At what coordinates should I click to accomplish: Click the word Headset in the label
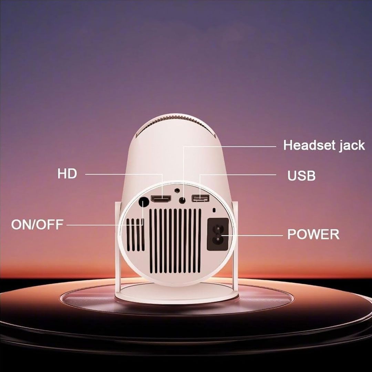[x=309, y=145]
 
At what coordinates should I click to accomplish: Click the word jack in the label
[x=352, y=146]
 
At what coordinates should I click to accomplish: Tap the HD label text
[x=67, y=174]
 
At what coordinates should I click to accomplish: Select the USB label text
[x=301, y=176]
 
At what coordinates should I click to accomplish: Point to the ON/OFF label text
[x=37, y=225]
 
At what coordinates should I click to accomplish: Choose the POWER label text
[x=313, y=235]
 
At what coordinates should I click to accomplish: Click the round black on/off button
[x=143, y=203]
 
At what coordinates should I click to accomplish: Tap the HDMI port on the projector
[x=161, y=199]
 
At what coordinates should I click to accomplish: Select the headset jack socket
[x=182, y=200]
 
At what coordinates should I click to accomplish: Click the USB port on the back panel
[x=200, y=198]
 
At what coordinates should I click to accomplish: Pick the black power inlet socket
[x=218, y=235]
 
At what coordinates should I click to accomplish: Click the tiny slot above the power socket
[x=215, y=210]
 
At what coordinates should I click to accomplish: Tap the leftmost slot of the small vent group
[x=128, y=235]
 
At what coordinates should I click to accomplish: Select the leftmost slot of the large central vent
[x=151, y=240]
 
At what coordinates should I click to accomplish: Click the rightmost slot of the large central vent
[x=199, y=240]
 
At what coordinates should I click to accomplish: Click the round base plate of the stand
[x=176, y=294]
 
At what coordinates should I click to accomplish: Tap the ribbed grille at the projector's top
[x=177, y=124]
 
